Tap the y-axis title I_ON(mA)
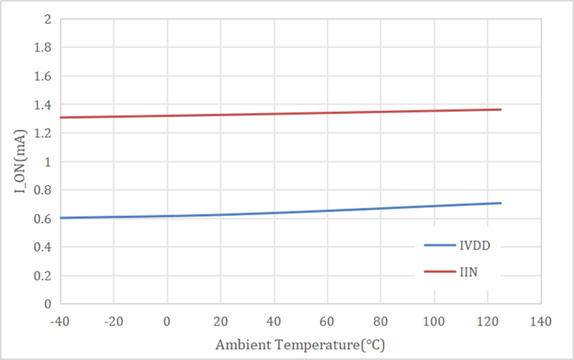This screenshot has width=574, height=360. tap(21, 161)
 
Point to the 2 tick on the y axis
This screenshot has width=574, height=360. tap(47, 19)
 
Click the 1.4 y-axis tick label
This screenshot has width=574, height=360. tap(42, 105)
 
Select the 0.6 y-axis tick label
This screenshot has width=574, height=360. tap(42, 219)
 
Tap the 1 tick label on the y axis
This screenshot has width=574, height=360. tap(47, 162)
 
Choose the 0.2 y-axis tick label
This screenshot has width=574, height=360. tap(42, 276)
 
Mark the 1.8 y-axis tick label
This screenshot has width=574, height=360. tap(42, 48)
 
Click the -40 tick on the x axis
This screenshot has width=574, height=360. tap(61, 322)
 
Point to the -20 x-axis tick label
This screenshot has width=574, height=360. tap(114, 322)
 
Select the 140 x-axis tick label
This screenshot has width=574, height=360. tap(540, 322)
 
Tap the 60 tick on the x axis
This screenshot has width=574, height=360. tap(327, 322)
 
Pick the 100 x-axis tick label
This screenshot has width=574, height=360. tap(434, 322)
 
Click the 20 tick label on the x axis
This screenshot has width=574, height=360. tap(221, 322)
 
